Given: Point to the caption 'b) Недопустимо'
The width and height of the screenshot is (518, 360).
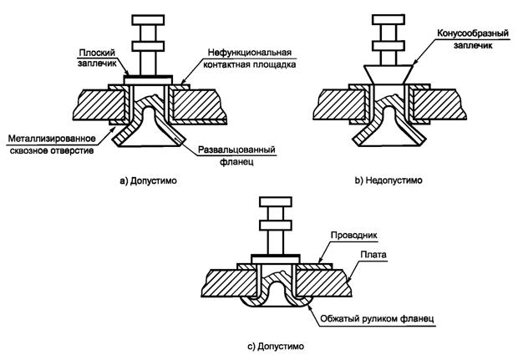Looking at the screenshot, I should pos(388,180).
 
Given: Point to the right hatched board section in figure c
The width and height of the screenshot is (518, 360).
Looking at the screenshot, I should pos(330,280).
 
